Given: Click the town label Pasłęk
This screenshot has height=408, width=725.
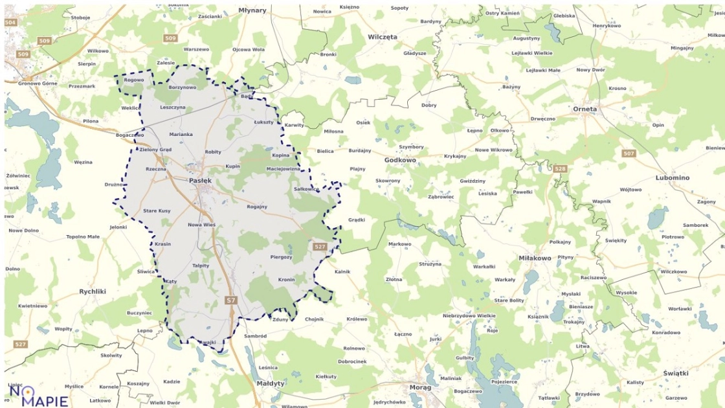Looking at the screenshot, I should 200,181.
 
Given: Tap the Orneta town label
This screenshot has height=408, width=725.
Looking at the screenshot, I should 585,109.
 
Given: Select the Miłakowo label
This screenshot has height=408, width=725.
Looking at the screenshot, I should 535,258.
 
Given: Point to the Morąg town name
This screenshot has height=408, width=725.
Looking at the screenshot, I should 420,387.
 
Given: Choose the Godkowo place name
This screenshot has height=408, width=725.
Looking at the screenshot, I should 400,159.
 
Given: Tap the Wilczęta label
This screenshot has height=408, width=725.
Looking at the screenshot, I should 382,37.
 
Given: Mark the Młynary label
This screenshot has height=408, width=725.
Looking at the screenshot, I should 252,10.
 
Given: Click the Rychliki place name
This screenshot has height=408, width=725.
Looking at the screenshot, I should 93,291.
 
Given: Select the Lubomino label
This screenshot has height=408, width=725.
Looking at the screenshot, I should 673,177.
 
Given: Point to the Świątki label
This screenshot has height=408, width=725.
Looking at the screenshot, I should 676,374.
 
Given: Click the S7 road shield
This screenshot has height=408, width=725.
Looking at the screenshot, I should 231,300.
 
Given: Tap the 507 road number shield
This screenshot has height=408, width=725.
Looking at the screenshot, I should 628,153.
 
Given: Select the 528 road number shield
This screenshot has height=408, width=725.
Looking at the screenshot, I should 560,168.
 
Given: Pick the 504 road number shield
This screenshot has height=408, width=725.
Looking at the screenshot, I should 10,23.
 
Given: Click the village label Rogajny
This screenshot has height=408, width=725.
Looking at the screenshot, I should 257,207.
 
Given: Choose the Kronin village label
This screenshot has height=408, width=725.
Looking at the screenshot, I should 286,280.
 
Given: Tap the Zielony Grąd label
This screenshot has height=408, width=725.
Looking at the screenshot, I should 155,150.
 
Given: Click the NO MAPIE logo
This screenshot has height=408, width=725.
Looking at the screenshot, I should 38,394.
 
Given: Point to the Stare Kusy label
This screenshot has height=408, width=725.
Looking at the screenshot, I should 157,211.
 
